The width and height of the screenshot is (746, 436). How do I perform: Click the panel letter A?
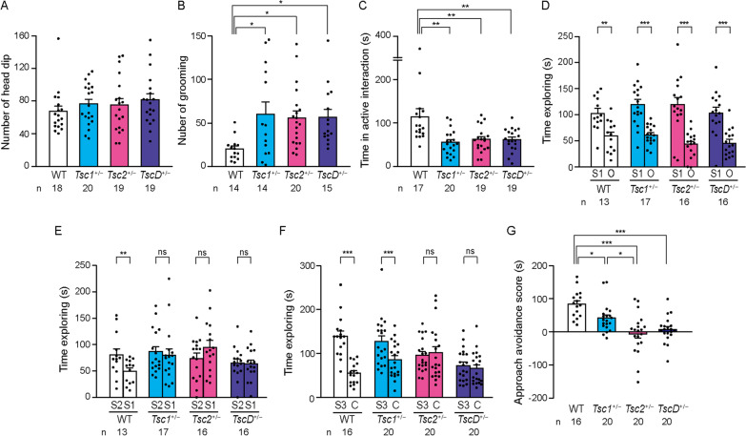coord(7,9)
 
